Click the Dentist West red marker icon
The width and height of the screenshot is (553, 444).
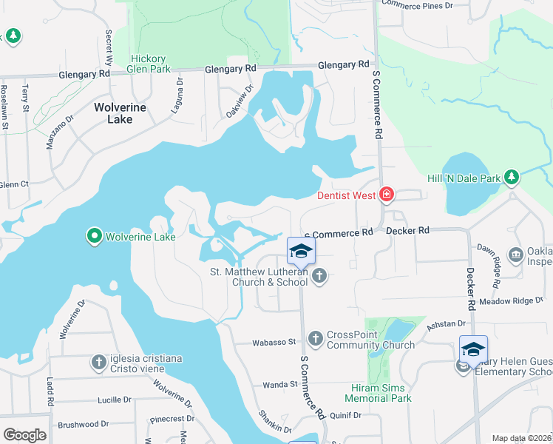point(386,195)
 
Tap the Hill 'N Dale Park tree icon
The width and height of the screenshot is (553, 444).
point(511,177)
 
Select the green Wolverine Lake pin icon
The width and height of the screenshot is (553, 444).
point(95,237)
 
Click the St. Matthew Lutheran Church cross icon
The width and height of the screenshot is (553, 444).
point(319,276)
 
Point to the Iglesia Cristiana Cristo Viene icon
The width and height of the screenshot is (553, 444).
point(99,362)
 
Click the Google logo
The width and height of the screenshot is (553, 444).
point(24,434)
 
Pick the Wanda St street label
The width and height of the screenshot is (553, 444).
point(279,384)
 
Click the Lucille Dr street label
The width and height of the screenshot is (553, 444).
point(114,400)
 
